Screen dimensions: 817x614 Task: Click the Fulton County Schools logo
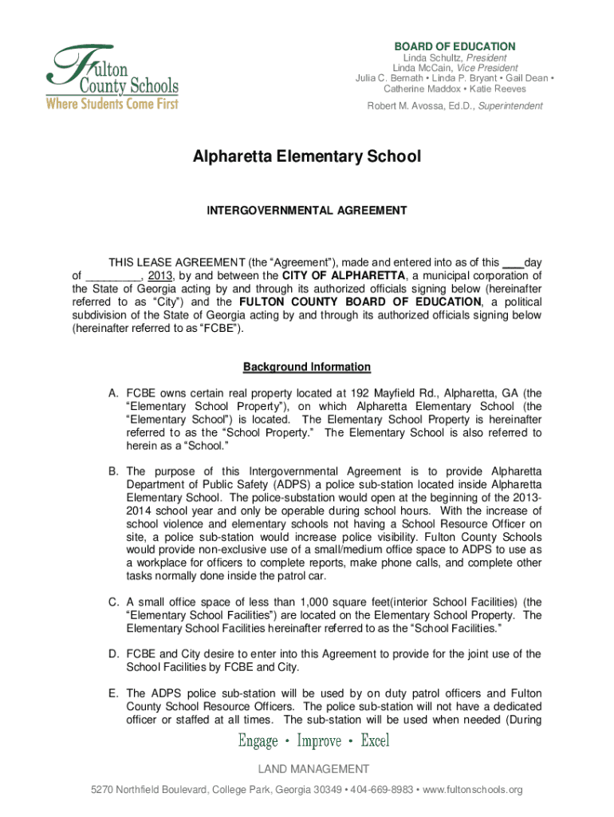pyautogui.click(x=112, y=77)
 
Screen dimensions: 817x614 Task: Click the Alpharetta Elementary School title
pyautogui.click(x=306, y=156)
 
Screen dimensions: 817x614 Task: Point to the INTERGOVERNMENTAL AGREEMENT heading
pyautogui.click(x=307, y=211)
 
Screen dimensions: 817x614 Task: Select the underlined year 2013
pyautogui.click(x=162, y=276)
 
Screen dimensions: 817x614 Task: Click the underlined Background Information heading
pyautogui.click(x=307, y=367)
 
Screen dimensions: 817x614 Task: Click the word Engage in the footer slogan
pyautogui.click(x=258, y=741)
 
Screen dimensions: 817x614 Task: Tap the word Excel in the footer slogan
pyautogui.click(x=375, y=741)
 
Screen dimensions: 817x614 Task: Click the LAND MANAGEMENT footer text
pyautogui.click(x=313, y=769)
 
